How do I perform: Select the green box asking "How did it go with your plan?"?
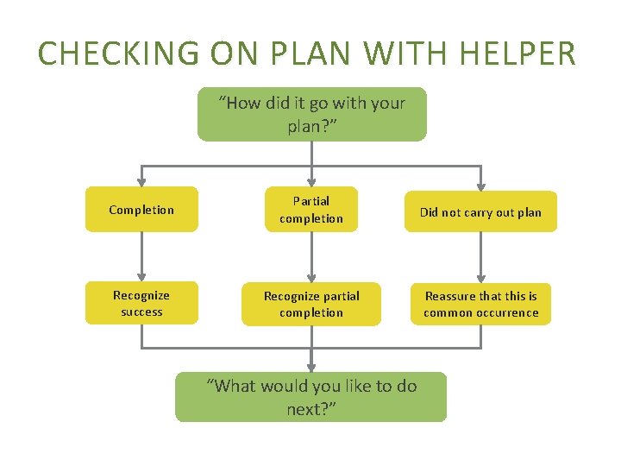(x=311, y=114)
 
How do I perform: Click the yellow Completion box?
(x=141, y=210)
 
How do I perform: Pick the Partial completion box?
(x=311, y=210)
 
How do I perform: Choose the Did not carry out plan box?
(x=480, y=211)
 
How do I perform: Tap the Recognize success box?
(x=141, y=303)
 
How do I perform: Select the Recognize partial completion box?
(x=311, y=304)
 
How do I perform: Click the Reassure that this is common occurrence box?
(x=480, y=304)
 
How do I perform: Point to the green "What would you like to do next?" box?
(x=311, y=397)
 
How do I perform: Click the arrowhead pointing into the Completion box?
(x=141, y=181)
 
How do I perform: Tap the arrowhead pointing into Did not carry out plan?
(x=481, y=185)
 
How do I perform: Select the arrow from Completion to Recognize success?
(x=141, y=256)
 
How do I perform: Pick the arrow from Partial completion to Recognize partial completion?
(x=311, y=256)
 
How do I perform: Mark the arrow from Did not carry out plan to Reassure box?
(x=481, y=256)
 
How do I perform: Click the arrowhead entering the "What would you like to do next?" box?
(x=311, y=366)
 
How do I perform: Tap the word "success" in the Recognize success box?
(x=141, y=312)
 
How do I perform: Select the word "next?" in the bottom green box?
(x=311, y=408)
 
